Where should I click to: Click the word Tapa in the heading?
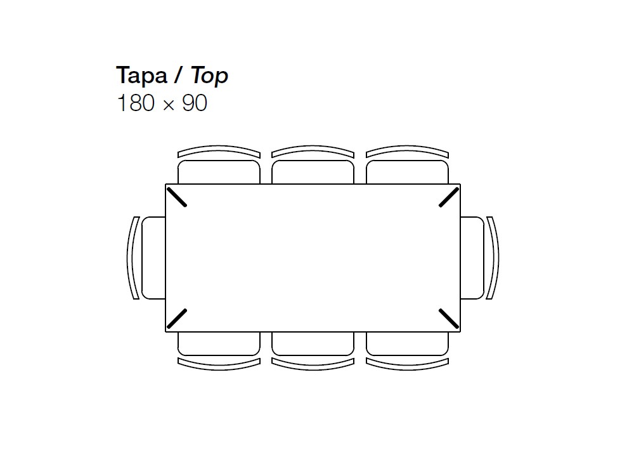(x=141, y=76)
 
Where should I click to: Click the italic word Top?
(x=209, y=76)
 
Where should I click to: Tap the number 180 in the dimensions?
(x=136, y=103)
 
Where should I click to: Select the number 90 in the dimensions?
(x=195, y=103)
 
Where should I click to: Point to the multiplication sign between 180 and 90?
(x=169, y=105)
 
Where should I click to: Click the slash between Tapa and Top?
(x=178, y=76)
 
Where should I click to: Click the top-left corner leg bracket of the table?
(x=177, y=197)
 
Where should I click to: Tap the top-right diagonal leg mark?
(x=450, y=197)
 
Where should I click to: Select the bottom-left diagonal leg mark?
(x=177, y=319)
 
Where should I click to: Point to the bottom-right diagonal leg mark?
(x=449, y=319)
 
